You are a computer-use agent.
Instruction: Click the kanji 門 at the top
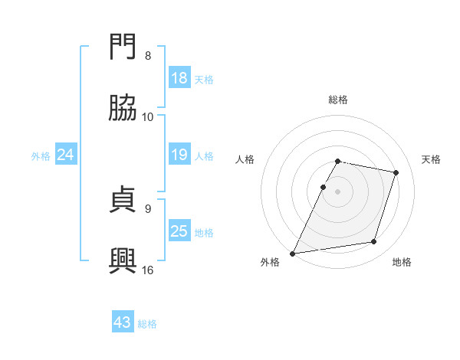pyautogui.click(x=123, y=48)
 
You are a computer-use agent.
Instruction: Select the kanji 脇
pyautogui.click(x=123, y=110)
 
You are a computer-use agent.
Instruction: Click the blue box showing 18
pyautogui.click(x=179, y=78)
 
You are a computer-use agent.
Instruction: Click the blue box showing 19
pyautogui.click(x=179, y=155)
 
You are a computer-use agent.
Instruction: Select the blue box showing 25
pyautogui.click(x=179, y=231)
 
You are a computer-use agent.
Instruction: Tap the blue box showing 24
pyautogui.click(x=66, y=155)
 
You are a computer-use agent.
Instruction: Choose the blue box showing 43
pyautogui.click(x=123, y=322)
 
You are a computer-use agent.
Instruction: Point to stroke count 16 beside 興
pyautogui.click(x=149, y=270)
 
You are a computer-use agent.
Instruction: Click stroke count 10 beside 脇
pyautogui.click(x=149, y=117)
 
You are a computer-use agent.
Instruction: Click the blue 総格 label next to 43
pyautogui.click(x=147, y=324)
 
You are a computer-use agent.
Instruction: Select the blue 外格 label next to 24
pyautogui.click(x=41, y=156)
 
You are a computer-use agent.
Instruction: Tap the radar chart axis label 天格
pyautogui.click(x=432, y=159)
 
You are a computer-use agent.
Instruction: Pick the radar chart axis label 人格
pyautogui.click(x=245, y=159)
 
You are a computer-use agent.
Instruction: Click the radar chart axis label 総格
pyautogui.click(x=338, y=100)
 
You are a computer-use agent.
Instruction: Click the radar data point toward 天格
pyautogui.click(x=396, y=172)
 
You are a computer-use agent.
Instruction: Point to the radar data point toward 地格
pyautogui.click(x=374, y=242)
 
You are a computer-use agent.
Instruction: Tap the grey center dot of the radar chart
pyautogui.click(x=338, y=191)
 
